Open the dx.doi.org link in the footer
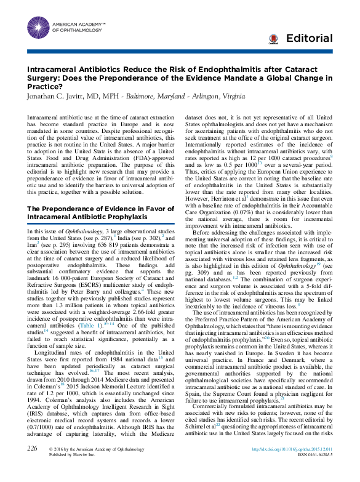point(284,466)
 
